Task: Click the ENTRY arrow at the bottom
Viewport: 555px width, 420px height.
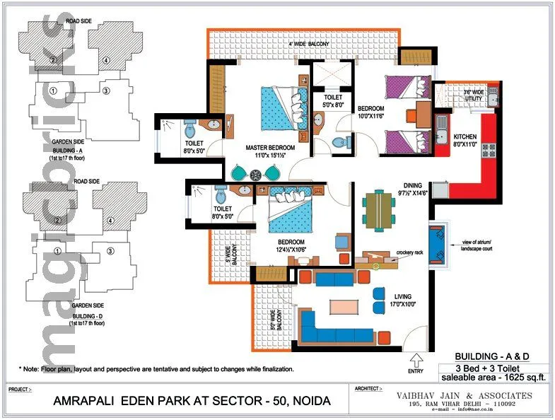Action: [x=416, y=359]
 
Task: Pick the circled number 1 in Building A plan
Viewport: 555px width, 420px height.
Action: [x=54, y=91]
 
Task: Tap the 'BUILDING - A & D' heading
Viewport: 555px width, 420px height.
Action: [x=491, y=356]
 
